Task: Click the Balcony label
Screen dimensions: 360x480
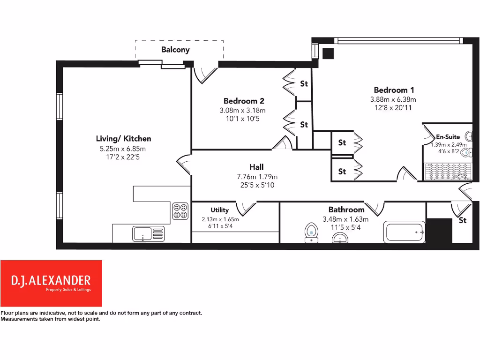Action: click(x=175, y=50)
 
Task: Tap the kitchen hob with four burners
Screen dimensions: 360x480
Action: click(x=180, y=210)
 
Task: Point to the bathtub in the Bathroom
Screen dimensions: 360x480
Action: click(x=405, y=232)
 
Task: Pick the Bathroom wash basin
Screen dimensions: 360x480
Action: click(x=340, y=239)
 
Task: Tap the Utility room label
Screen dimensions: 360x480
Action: click(x=219, y=210)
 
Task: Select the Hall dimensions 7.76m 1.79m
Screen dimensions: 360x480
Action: click(x=257, y=177)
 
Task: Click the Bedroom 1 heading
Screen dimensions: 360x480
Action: click(x=394, y=90)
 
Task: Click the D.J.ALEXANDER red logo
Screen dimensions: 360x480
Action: click(x=51, y=283)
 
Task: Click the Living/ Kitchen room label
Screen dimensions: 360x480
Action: click(x=123, y=139)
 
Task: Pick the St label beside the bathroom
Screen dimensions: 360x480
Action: click(x=463, y=220)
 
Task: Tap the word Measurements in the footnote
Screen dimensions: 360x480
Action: click(x=21, y=319)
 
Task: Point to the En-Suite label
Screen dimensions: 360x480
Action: click(x=448, y=137)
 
